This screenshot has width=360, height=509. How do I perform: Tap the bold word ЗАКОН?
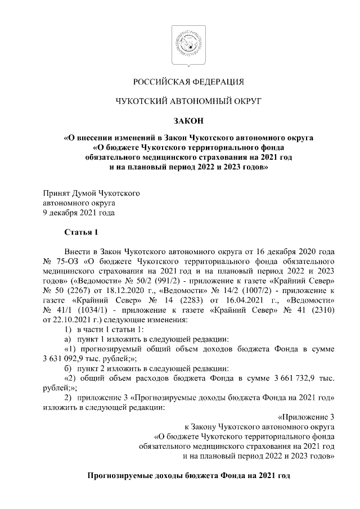[x=180, y=119]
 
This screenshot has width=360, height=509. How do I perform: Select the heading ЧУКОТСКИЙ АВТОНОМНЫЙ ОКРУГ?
[x=180, y=101]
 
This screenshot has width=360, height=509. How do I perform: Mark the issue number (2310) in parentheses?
[x=321, y=310]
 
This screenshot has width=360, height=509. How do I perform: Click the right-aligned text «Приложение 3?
[x=307, y=417]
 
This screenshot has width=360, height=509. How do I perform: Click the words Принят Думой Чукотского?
[x=92, y=193]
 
